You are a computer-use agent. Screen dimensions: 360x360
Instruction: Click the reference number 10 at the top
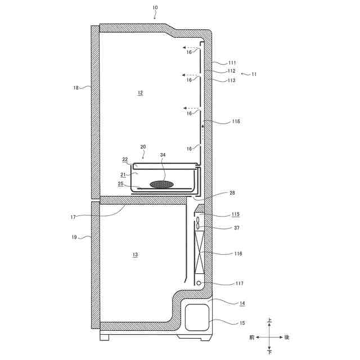coord(155,7)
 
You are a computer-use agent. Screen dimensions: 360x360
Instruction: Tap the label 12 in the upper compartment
coord(140,93)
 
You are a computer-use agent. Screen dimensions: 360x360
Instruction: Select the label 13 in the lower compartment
coord(135,255)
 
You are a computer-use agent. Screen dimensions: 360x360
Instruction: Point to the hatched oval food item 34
coord(162,184)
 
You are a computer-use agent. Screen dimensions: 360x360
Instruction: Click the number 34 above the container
coord(163,155)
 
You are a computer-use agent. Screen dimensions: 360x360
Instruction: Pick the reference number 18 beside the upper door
coord(76,88)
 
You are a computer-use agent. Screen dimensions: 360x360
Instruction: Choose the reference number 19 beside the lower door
coord(74,237)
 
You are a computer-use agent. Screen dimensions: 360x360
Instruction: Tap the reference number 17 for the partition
coord(73,217)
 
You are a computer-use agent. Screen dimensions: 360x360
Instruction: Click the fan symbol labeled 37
coord(198,223)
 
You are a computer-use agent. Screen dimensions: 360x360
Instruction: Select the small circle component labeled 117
coord(199,283)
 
